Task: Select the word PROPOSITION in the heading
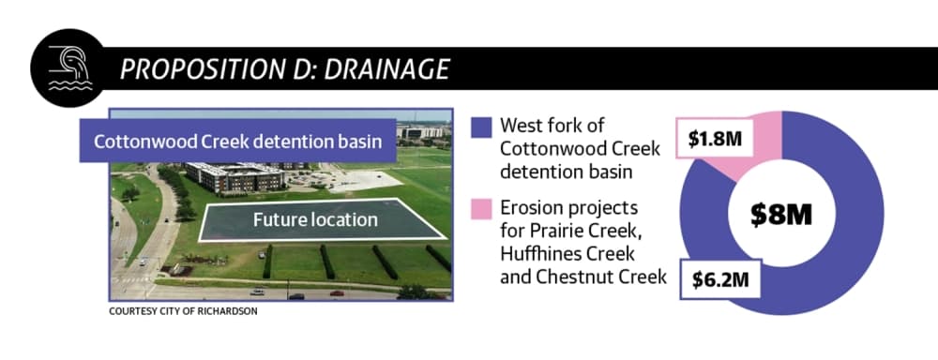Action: pyautogui.click(x=196, y=69)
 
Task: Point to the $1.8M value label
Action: pyautogui.click(x=714, y=140)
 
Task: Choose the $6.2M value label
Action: pyautogui.click(x=720, y=279)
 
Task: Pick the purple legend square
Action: pyautogui.click(x=481, y=127)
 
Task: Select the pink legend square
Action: pyautogui.click(x=481, y=209)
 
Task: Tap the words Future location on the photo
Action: pyautogui.click(x=315, y=219)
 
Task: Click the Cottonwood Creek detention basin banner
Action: pyautogui.click(x=237, y=142)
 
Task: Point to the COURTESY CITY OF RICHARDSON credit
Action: pyautogui.click(x=183, y=311)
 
